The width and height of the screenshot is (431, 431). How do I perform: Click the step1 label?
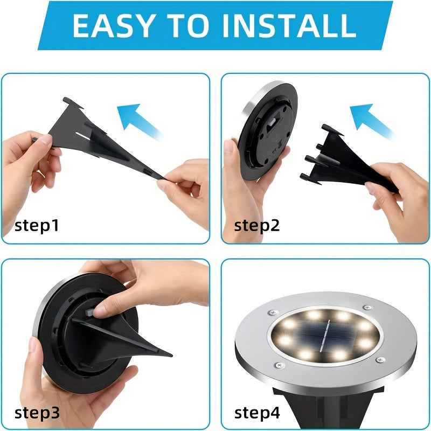[x=36, y=225]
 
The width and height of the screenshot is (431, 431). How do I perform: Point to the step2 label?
[x=257, y=225]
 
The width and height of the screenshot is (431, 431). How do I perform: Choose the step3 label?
[x=36, y=413]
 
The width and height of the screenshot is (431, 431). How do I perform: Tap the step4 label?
[x=257, y=413]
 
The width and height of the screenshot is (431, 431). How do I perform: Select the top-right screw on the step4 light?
[x=367, y=307]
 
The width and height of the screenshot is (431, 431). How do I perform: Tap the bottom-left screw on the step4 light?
[x=278, y=365]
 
